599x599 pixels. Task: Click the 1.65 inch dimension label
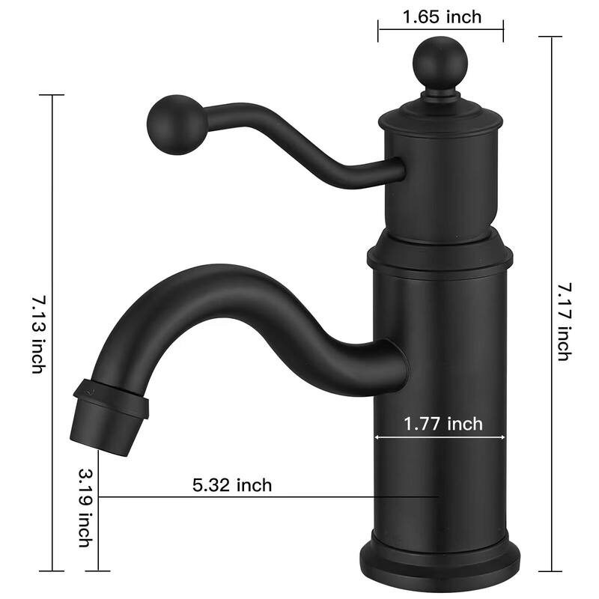click(442, 16)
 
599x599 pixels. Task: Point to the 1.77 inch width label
click(443, 425)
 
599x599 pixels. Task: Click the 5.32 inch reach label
click(232, 485)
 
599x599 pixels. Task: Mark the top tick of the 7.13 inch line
click(52, 95)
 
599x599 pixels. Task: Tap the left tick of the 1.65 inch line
click(379, 30)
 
